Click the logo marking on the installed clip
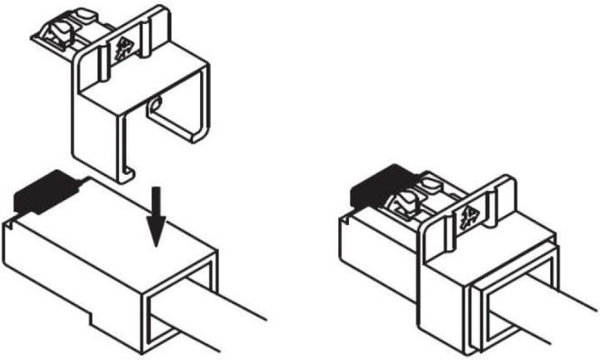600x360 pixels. point(467,215)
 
